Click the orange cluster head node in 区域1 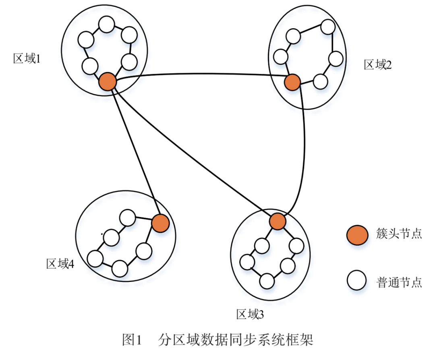click(x=108, y=82)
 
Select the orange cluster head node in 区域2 click(x=292, y=82)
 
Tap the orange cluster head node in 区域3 click(x=277, y=221)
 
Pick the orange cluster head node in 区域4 click(x=160, y=223)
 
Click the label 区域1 click(x=28, y=59)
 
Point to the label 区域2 click(x=378, y=64)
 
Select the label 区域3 click(x=250, y=314)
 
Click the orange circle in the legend click(x=357, y=234)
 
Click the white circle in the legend click(x=357, y=281)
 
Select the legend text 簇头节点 click(x=399, y=234)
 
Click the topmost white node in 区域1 click(x=106, y=25)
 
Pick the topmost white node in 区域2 click(x=328, y=27)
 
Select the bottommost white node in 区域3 click(x=267, y=281)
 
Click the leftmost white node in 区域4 click(x=95, y=259)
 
